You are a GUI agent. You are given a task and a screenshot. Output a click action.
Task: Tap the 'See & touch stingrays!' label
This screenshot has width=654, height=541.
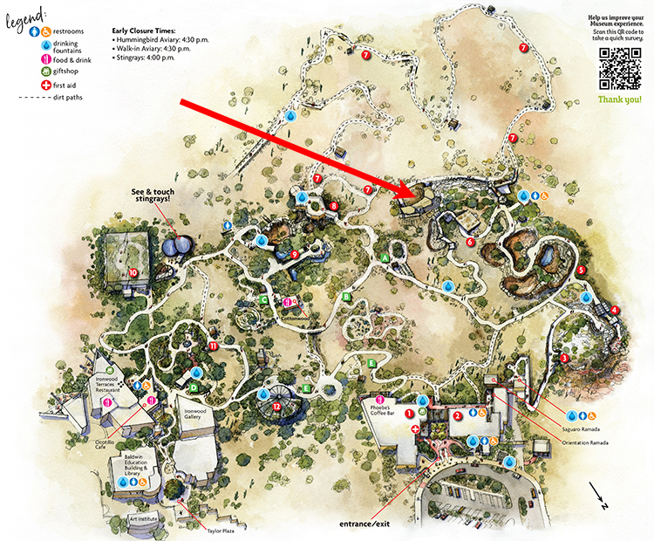(x=154, y=195)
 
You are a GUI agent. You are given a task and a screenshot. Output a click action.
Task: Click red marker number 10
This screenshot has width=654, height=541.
(x=133, y=272)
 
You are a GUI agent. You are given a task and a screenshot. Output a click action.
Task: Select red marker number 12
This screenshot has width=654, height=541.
(x=276, y=406)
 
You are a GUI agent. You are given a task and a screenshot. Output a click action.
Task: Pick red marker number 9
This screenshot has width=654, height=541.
(x=295, y=255)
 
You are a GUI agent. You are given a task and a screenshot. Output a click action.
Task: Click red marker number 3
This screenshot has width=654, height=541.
(x=564, y=358)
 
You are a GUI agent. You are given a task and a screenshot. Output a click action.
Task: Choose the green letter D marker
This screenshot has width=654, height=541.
(x=194, y=387)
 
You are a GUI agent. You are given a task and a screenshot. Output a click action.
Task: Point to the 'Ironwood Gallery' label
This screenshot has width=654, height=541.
(x=200, y=414)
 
